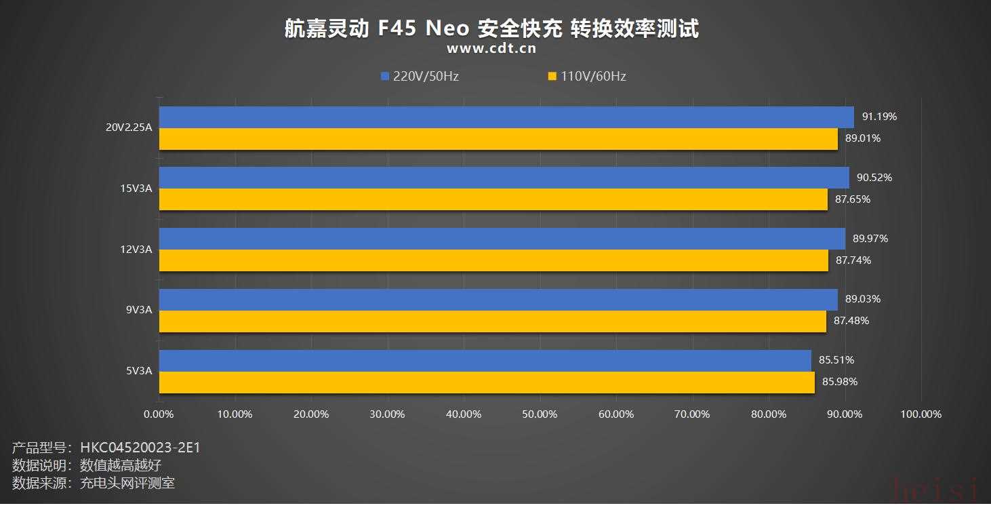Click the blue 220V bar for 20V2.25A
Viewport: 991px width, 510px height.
(506, 117)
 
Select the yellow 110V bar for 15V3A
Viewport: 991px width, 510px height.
(493, 199)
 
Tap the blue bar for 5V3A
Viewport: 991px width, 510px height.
(485, 361)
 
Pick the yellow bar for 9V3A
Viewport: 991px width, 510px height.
(493, 321)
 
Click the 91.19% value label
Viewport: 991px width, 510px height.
(879, 117)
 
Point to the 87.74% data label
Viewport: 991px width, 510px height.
(853, 260)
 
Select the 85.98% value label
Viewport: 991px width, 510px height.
(840, 382)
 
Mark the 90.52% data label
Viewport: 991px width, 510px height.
(874, 178)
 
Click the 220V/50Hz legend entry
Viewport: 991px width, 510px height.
(420, 76)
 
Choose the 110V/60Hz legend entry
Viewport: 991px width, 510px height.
(587, 76)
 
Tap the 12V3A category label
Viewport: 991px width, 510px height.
(136, 250)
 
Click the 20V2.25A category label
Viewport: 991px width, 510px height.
(129, 127)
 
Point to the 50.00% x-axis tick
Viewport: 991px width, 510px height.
(540, 414)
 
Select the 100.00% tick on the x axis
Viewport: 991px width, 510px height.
(921, 414)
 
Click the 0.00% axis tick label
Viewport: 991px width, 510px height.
(159, 414)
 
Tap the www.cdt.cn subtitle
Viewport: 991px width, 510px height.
(491, 48)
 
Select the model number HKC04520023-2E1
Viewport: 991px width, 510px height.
(140, 448)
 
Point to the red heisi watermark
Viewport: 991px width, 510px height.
(935, 490)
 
